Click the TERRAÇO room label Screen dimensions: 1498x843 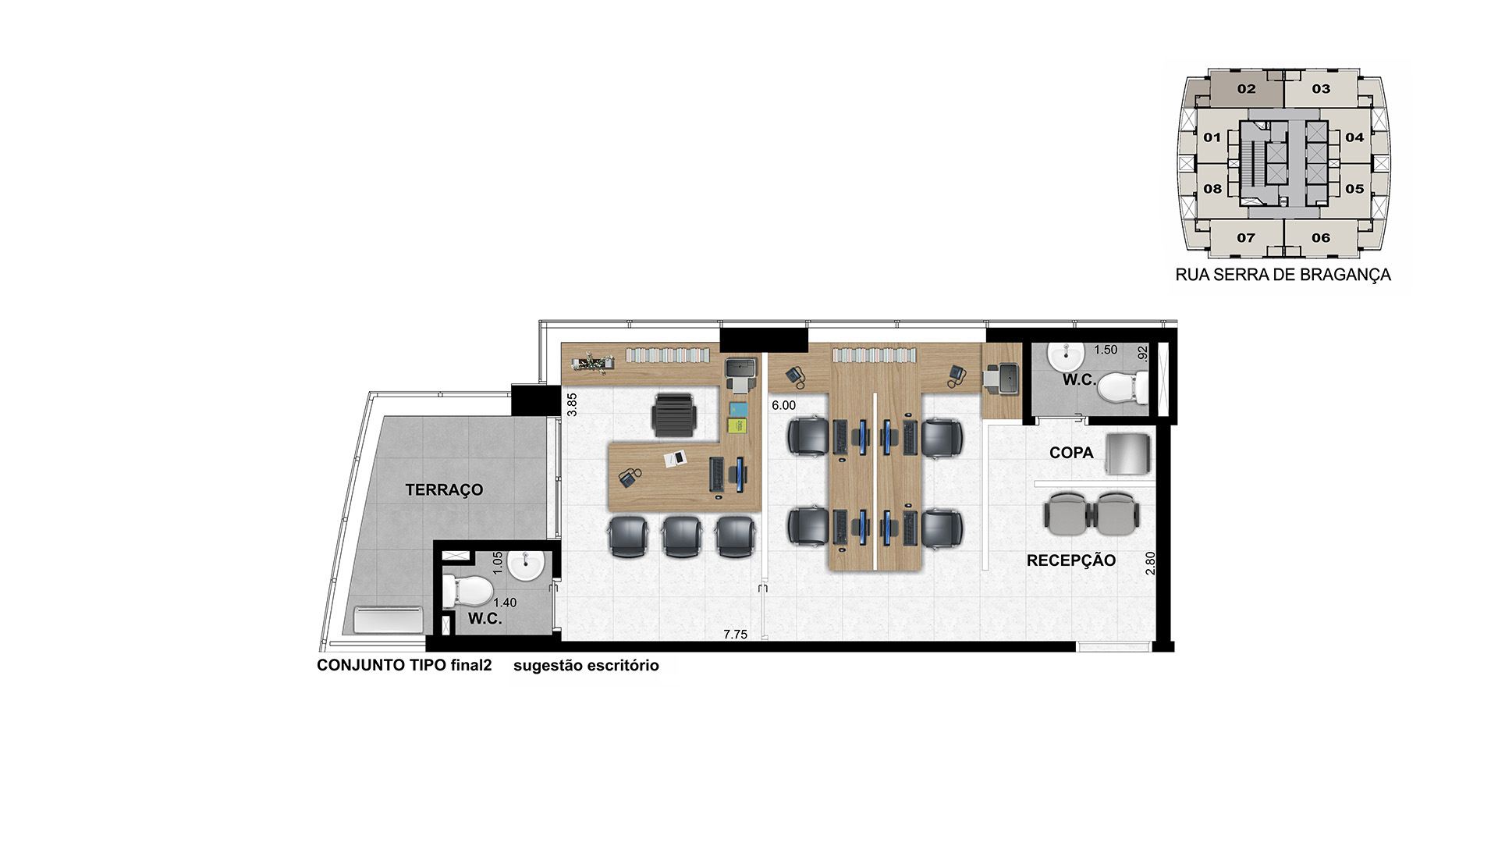[444, 490]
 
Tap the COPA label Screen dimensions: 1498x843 [1071, 453]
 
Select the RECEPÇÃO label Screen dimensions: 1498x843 [1071, 560]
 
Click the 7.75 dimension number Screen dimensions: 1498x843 [735, 635]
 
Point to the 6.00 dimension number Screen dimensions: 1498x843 [783, 406]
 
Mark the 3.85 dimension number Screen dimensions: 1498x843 [572, 404]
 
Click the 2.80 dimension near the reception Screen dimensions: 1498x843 [1150, 564]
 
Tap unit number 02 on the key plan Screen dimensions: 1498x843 [1246, 89]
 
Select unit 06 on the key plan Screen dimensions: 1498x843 [1321, 238]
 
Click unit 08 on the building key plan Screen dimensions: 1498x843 [1212, 189]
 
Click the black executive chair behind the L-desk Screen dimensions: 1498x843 [673, 414]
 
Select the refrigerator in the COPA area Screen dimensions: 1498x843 [1128, 454]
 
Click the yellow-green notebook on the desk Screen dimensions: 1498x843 [738, 425]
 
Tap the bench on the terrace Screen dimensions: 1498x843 [389, 621]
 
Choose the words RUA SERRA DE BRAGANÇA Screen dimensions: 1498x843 [1283, 275]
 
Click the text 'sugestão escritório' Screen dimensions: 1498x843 [586, 666]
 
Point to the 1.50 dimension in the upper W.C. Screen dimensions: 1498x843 [1106, 350]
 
